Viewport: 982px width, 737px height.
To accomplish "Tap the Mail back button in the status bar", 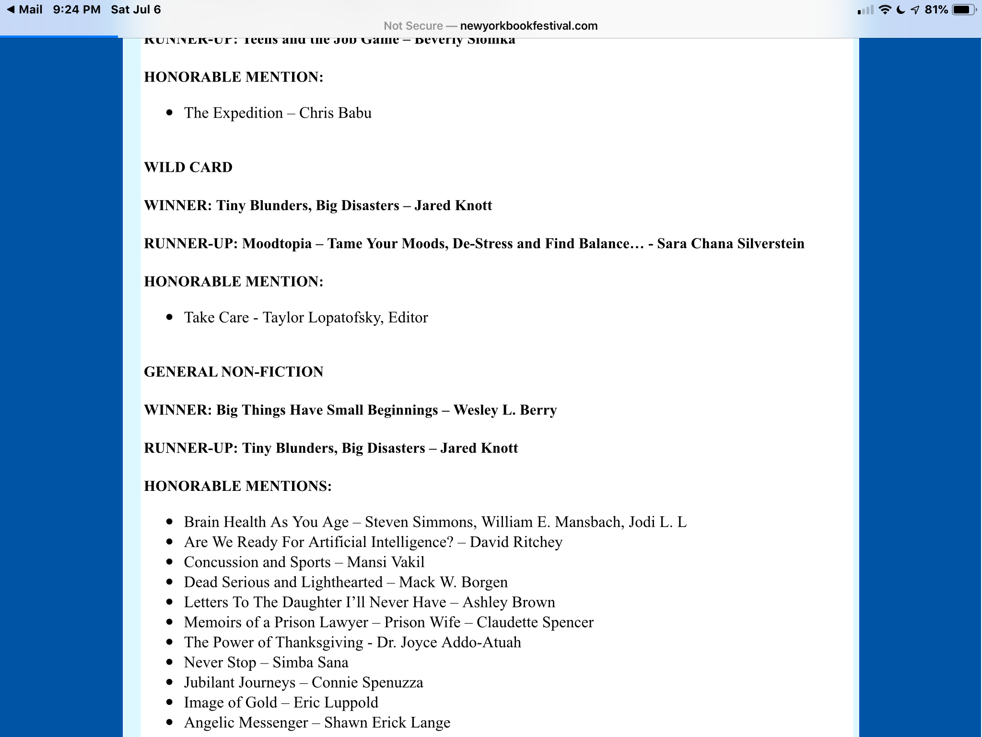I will coord(25,10).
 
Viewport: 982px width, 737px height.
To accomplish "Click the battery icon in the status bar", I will coord(963,10).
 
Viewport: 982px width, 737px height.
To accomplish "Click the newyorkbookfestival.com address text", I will coord(528,26).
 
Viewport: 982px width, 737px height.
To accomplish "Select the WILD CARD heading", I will coord(188,167).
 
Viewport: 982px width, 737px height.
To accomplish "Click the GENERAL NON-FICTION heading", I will coord(234,372).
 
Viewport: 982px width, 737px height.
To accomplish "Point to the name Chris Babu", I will coord(335,113).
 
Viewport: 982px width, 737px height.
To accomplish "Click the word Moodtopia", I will coord(277,244).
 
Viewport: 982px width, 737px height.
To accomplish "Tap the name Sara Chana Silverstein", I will coord(730,244).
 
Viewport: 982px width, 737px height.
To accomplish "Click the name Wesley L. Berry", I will coord(505,410).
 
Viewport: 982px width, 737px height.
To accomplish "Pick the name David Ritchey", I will coord(516,542).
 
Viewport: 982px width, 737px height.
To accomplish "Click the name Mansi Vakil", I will coord(386,562).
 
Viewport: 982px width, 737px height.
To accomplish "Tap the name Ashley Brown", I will coord(509,603).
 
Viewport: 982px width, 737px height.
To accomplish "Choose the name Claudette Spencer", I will coord(535,622).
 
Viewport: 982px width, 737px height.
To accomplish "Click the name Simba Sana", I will coord(310,663).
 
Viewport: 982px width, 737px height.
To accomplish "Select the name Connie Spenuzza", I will coord(367,683).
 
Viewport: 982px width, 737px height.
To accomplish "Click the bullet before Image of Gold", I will coord(169,702).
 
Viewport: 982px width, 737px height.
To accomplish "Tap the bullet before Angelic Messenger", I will coord(169,723).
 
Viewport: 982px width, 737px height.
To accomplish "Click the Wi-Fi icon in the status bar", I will coord(885,10).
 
